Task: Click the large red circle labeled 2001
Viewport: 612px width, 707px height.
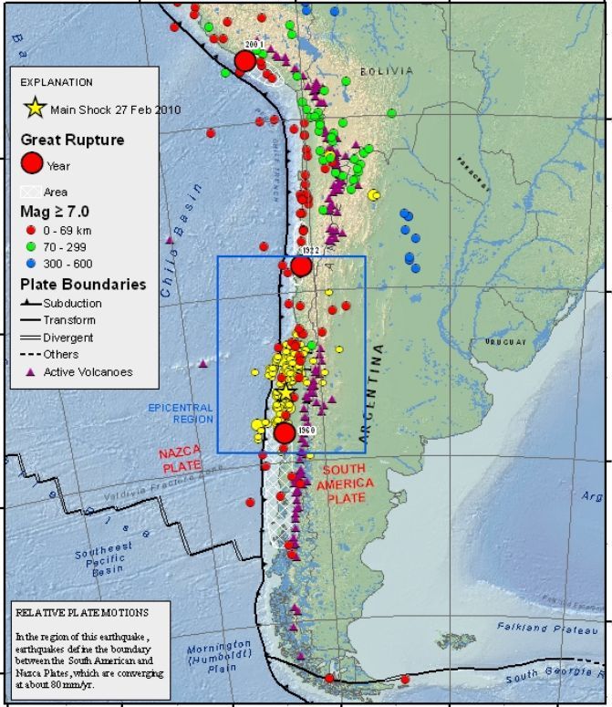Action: coord(244,61)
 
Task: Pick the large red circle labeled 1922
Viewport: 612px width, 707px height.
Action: coord(302,266)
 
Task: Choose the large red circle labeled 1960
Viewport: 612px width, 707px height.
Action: coord(285,432)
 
